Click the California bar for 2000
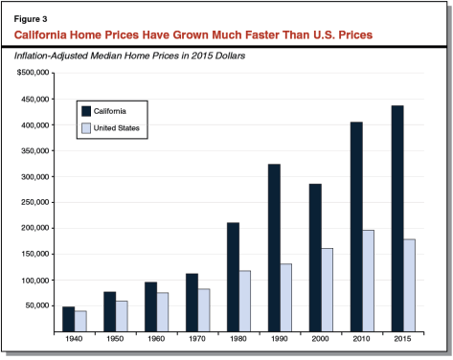(315, 258)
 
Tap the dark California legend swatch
(86, 110)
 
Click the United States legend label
(120, 126)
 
